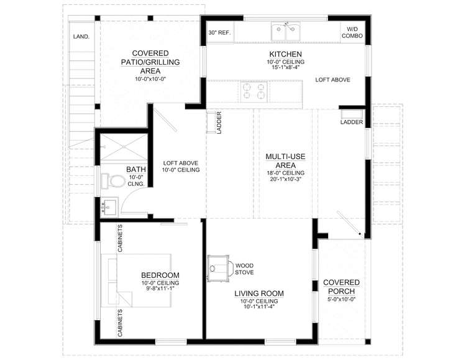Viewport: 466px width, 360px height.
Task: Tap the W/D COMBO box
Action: point(352,32)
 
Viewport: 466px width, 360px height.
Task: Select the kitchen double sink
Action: point(286,31)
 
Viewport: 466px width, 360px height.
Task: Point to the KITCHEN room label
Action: point(285,54)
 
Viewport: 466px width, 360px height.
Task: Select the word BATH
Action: point(136,169)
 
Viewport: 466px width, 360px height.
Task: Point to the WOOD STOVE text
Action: point(244,269)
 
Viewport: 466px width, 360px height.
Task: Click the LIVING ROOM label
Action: point(258,293)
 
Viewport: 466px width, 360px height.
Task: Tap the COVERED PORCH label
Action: point(341,287)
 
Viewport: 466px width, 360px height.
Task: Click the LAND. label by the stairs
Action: point(81,37)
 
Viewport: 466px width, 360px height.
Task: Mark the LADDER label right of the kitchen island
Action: point(352,122)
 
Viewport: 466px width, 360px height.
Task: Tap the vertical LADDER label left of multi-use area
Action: point(219,122)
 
